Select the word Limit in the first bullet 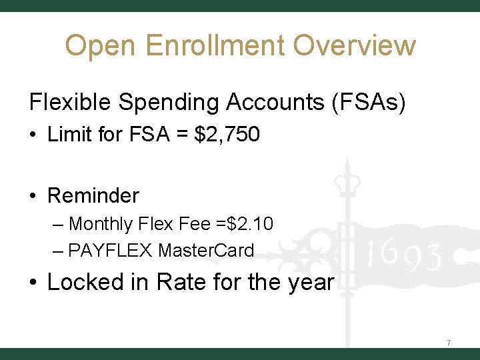(69, 135)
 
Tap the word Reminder (93, 195)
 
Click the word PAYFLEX (111, 251)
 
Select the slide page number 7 (449, 343)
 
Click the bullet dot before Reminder (33, 196)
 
